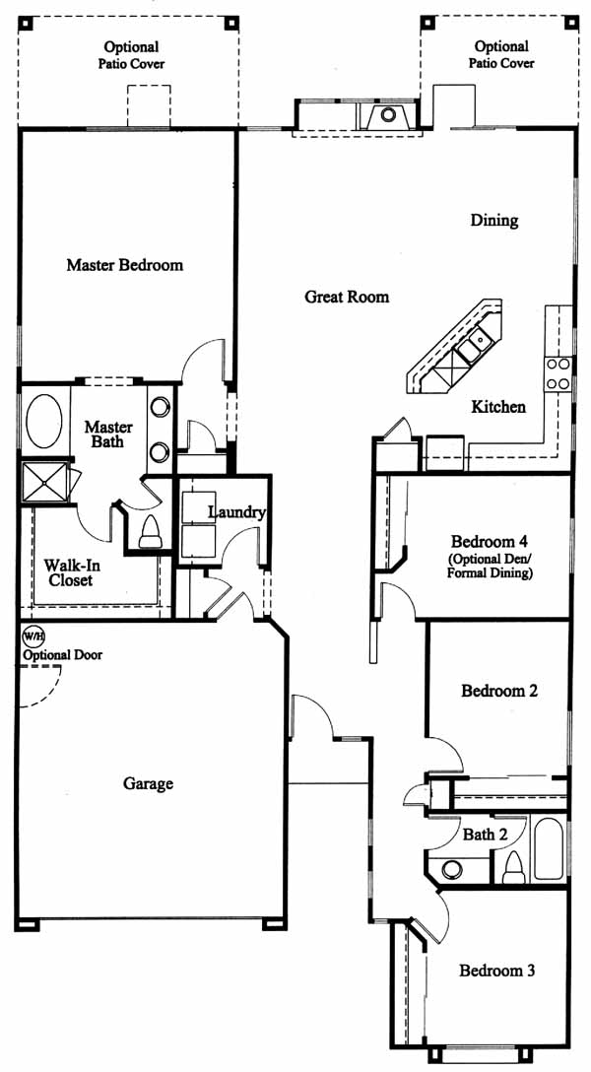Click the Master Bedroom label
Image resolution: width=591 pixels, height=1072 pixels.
point(124,265)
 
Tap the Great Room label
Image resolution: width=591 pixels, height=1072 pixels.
point(347,297)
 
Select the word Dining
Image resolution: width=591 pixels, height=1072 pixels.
point(494,221)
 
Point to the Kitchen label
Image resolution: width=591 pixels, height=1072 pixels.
point(498,408)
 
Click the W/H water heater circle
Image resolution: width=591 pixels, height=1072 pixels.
point(33,636)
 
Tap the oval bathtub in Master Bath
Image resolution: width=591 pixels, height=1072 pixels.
point(43,421)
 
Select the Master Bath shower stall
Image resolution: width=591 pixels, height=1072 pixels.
point(44,483)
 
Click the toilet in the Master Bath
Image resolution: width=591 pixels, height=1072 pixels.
point(150,532)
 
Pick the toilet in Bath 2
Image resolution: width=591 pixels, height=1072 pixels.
point(513,868)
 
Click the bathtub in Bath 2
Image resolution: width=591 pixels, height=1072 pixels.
point(550,849)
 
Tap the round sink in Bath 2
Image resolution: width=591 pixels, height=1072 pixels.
point(451,870)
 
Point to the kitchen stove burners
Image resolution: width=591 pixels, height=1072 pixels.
point(558,374)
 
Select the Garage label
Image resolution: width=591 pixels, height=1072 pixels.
point(148,783)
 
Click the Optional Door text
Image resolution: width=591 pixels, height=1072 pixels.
point(62,655)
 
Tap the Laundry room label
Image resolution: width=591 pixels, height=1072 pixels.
point(236,512)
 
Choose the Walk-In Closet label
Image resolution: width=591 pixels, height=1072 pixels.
point(68,572)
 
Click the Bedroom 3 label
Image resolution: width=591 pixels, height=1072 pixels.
point(496,971)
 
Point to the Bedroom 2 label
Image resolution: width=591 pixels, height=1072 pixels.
point(499,691)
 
